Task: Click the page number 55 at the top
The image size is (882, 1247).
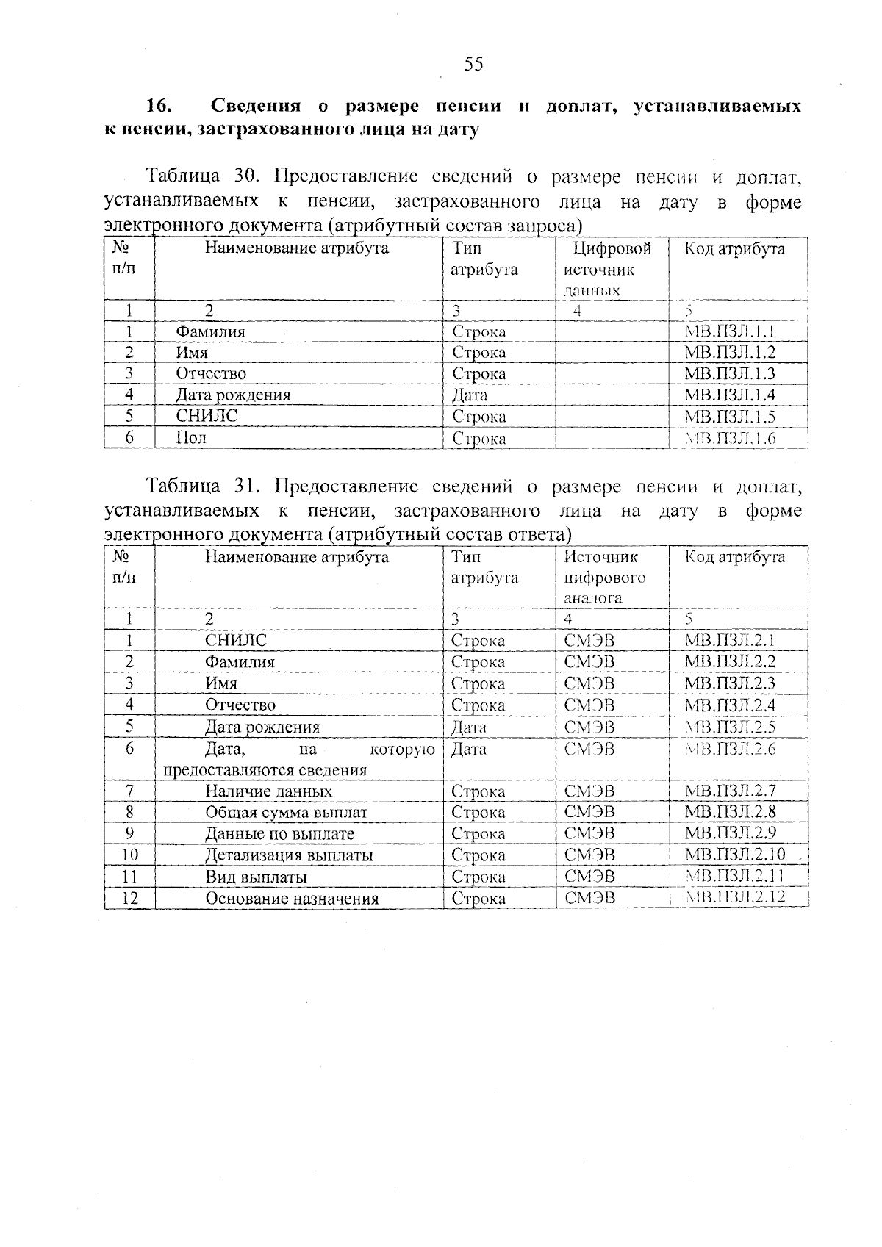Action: pyautogui.click(x=473, y=65)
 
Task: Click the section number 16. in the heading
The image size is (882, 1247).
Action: pyautogui.click(x=159, y=106)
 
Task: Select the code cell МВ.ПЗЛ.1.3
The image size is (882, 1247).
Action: pyautogui.click(x=729, y=373)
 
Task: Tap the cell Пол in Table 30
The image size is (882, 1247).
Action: pyautogui.click(x=191, y=438)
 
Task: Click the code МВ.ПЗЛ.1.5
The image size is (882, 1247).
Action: pyautogui.click(x=729, y=417)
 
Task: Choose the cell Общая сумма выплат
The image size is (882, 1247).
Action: pyautogui.click(x=286, y=812)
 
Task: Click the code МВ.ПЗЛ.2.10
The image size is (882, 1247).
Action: pyautogui.click(x=734, y=855)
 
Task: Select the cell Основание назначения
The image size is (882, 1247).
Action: pyautogui.click(x=292, y=898)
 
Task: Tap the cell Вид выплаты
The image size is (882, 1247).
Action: pyautogui.click(x=256, y=877)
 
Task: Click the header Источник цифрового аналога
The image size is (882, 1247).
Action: pyautogui.click(x=604, y=577)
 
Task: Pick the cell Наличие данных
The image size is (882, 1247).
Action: pyautogui.click(x=268, y=791)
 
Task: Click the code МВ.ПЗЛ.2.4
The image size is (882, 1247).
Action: pyautogui.click(x=729, y=705)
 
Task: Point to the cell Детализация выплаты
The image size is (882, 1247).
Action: pyautogui.click(x=289, y=855)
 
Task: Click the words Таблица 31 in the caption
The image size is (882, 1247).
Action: pyautogui.click(x=199, y=486)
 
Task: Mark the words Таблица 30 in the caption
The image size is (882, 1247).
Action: pyautogui.click(x=199, y=176)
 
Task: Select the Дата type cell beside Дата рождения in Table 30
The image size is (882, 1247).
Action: pyautogui.click(x=470, y=395)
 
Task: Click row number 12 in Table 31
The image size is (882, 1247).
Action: pyautogui.click(x=129, y=898)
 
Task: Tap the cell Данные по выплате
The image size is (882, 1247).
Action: pyautogui.click(x=279, y=834)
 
